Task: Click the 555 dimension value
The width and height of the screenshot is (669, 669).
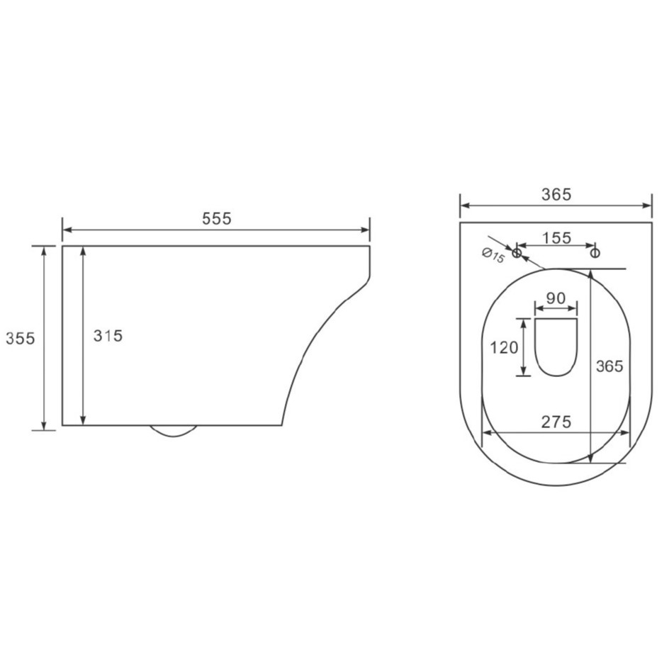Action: tap(217, 218)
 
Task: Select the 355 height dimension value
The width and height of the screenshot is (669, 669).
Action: tap(20, 338)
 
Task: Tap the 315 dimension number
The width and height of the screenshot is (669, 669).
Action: tap(108, 336)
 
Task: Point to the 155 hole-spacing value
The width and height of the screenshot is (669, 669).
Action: tap(556, 237)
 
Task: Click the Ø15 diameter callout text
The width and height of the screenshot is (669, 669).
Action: tap(494, 256)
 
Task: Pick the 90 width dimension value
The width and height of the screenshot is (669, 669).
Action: tap(556, 298)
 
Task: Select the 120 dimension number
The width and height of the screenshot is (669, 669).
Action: tap(504, 348)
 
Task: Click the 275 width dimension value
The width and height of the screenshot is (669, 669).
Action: tap(556, 422)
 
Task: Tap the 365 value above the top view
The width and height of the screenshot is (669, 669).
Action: tap(556, 195)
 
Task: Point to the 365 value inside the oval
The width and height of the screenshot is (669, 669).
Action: tap(609, 366)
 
